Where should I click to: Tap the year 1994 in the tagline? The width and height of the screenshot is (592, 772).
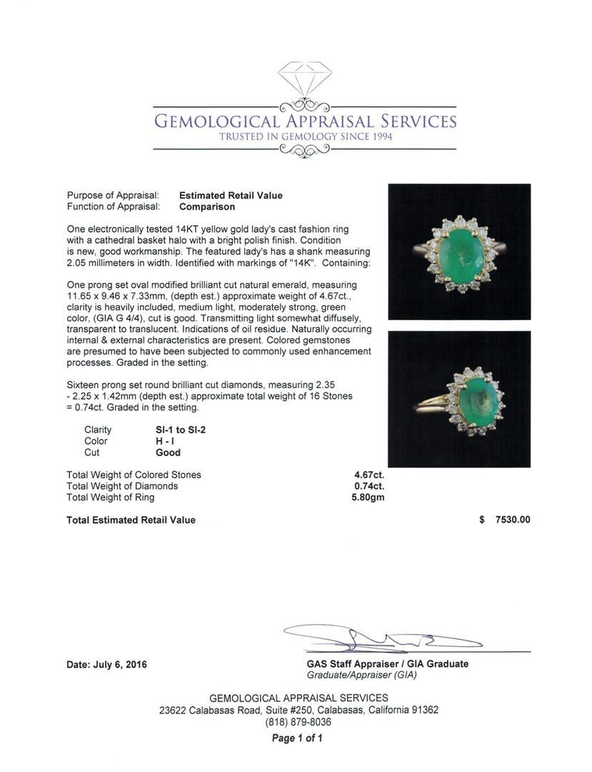[378, 137]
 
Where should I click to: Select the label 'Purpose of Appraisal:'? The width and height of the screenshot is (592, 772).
[113, 195]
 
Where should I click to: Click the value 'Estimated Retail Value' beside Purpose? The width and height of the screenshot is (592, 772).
[231, 195]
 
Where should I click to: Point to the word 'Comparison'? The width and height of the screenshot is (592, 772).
[207, 207]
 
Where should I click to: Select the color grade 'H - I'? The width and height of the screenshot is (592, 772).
[166, 441]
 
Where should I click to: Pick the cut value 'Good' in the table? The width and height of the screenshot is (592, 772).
[168, 452]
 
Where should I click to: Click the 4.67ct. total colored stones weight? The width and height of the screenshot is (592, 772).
[368, 475]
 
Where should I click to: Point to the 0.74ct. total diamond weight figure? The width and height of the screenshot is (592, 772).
[368, 486]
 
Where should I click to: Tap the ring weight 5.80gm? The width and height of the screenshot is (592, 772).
[368, 498]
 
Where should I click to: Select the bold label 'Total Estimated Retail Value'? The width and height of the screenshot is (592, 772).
[131, 520]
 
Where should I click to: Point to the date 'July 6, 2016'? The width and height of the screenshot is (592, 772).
[120, 664]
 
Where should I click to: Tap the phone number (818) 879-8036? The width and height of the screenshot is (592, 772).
[298, 722]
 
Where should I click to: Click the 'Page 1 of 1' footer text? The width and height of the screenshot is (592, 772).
[298, 738]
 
